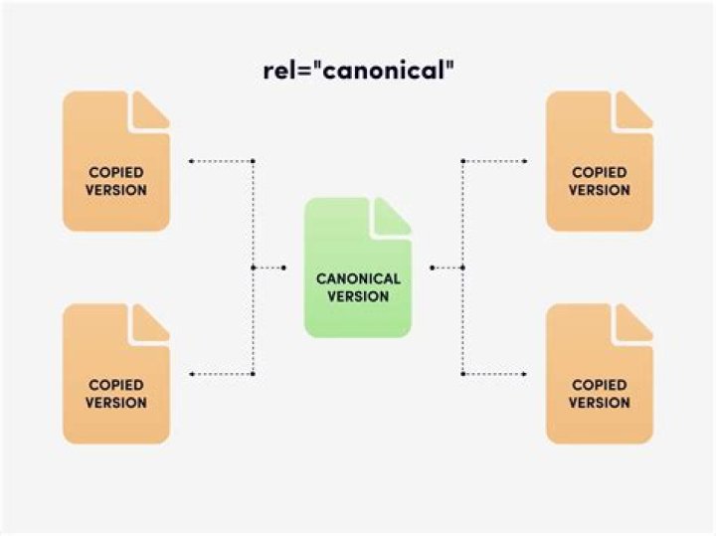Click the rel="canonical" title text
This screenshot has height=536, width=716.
[x=359, y=71]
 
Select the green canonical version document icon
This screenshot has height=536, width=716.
[x=358, y=268]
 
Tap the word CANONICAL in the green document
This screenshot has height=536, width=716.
[x=358, y=278]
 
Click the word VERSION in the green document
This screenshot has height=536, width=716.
[x=358, y=296]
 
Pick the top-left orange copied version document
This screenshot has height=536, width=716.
[x=116, y=161]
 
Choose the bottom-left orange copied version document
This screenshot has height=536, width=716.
[x=116, y=374]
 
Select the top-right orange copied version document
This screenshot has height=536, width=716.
[x=600, y=161]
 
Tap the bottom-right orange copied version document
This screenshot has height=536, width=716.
[x=600, y=374]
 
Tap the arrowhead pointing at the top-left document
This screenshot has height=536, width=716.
[x=191, y=161]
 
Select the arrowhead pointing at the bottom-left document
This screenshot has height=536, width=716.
[x=191, y=374]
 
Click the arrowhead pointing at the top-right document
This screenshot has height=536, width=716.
[x=525, y=161]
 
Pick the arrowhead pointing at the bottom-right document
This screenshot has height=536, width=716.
[x=525, y=374]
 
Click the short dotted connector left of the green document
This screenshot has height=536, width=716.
[x=268, y=268]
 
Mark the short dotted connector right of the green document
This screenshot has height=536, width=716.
[x=447, y=268]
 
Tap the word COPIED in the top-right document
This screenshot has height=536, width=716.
[x=600, y=172]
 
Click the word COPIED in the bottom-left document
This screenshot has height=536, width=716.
[x=116, y=385]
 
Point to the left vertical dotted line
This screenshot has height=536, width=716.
[x=253, y=268]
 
